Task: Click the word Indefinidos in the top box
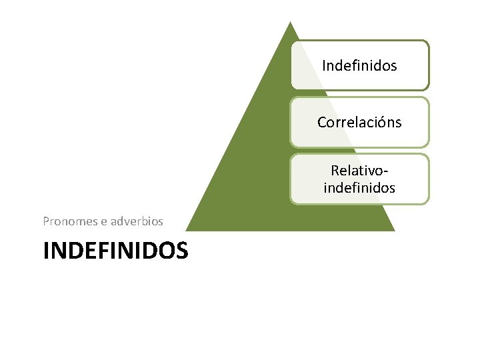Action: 359,65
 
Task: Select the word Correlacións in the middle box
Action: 359,123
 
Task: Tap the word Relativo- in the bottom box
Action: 359,173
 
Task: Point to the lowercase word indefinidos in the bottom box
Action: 359,188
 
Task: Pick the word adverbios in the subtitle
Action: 137,221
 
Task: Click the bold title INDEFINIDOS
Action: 115,251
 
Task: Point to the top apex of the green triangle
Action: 289,21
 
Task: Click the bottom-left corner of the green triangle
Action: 186,231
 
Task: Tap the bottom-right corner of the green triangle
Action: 395,231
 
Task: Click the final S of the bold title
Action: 181,251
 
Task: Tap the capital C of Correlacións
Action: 322,123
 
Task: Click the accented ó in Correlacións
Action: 381,123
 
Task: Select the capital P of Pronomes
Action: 46,221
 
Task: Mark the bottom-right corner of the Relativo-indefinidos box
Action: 428,203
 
